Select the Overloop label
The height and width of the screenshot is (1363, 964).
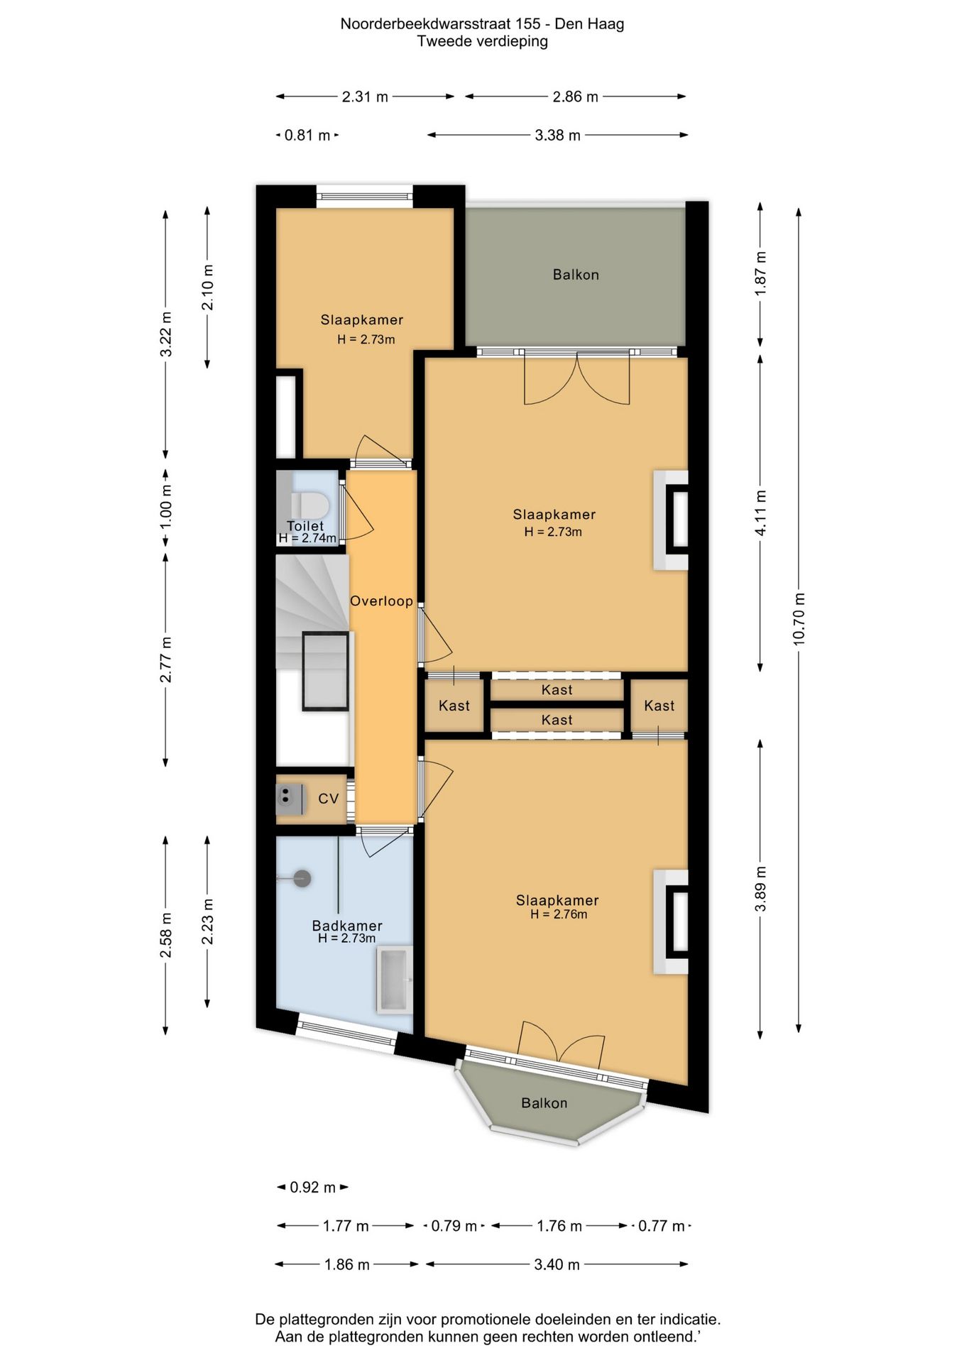coord(381,601)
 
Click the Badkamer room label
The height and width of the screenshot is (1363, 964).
coord(347,926)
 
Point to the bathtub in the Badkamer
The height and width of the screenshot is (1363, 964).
coord(393,978)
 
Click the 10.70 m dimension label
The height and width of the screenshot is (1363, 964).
coord(799,618)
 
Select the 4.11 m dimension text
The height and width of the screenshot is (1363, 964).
coord(760,513)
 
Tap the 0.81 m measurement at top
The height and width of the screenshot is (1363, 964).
coord(307,135)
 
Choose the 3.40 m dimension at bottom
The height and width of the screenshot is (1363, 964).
coord(557,1264)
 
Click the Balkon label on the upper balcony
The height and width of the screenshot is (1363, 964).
coord(576,275)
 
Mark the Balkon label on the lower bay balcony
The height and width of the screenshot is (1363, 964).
coord(544,1103)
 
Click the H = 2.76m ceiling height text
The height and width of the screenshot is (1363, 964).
coord(559,914)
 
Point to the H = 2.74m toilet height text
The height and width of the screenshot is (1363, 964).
coord(307,538)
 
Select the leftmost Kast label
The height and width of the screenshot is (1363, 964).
coord(454,706)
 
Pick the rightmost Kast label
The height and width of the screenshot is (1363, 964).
coord(659,706)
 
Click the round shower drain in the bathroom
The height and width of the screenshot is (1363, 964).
coord(302,879)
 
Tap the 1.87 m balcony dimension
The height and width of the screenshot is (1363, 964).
coord(760,274)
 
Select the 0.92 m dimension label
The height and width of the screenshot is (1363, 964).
coord(312,1188)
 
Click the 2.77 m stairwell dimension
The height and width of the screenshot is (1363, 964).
coord(165,660)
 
